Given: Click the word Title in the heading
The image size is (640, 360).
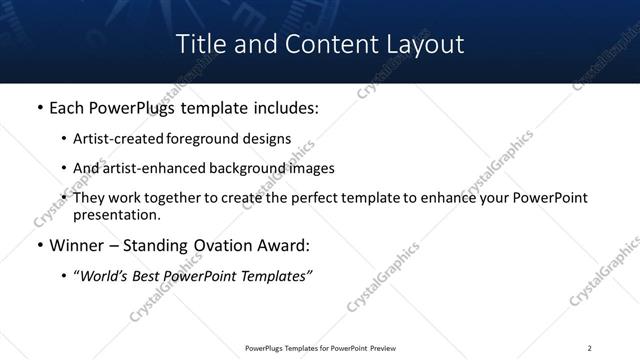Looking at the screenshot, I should point(199,44).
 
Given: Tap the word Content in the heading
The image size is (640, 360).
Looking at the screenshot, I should point(319,44).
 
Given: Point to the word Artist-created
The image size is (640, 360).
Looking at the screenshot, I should point(112,139).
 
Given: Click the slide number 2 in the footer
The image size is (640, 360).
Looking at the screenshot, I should point(590,347).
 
